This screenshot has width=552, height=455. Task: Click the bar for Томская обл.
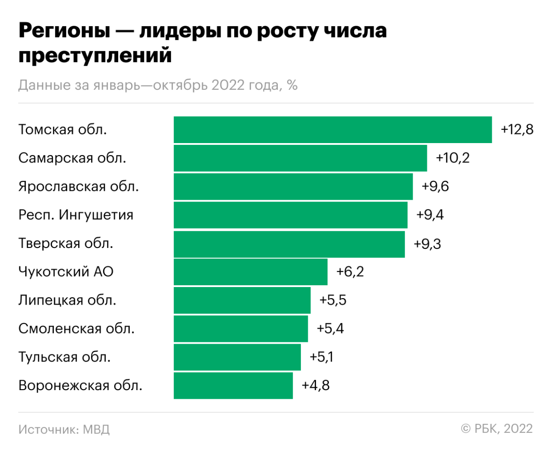(x=333, y=130)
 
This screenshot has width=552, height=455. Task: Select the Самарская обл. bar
(x=300, y=158)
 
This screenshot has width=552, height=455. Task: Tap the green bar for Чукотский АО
(x=251, y=272)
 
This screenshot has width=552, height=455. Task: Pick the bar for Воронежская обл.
(x=233, y=386)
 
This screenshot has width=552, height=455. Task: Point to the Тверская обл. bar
(x=289, y=244)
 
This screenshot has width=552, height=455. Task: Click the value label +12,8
(x=517, y=130)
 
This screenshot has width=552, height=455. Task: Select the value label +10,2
(x=453, y=158)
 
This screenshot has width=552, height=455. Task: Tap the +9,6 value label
(x=435, y=186)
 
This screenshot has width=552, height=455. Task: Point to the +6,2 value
(x=350, y=272)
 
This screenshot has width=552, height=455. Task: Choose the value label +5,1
(x=322, y=357)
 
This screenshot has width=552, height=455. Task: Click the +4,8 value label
(x=316, y=386)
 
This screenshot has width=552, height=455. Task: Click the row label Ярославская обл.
(x=79, y=186)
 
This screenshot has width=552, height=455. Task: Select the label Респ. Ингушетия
(x=76, y=215)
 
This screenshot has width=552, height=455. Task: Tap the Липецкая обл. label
(x=68, y=300)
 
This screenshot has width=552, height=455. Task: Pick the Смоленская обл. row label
(x=77, y=328)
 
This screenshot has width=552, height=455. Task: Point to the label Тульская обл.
(x=64, y=357)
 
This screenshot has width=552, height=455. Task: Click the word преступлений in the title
(x=95, y=56)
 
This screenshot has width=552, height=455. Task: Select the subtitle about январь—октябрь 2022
(x=158, y=86)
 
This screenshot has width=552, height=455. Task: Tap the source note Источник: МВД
(x=64, y=429)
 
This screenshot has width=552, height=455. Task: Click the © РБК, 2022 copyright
(x=497, y=429)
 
